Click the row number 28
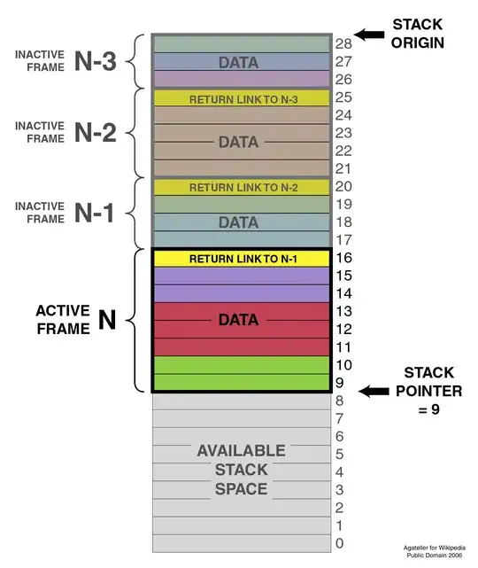coord(344,43)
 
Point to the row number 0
coord(340,542)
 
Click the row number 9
coord(340,383)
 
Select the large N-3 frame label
coord(96,61)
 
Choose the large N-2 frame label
coord(96,132)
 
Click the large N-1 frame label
coord(96,212)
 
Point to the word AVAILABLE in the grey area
coord(240,451)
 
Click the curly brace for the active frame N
coord(135,320)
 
